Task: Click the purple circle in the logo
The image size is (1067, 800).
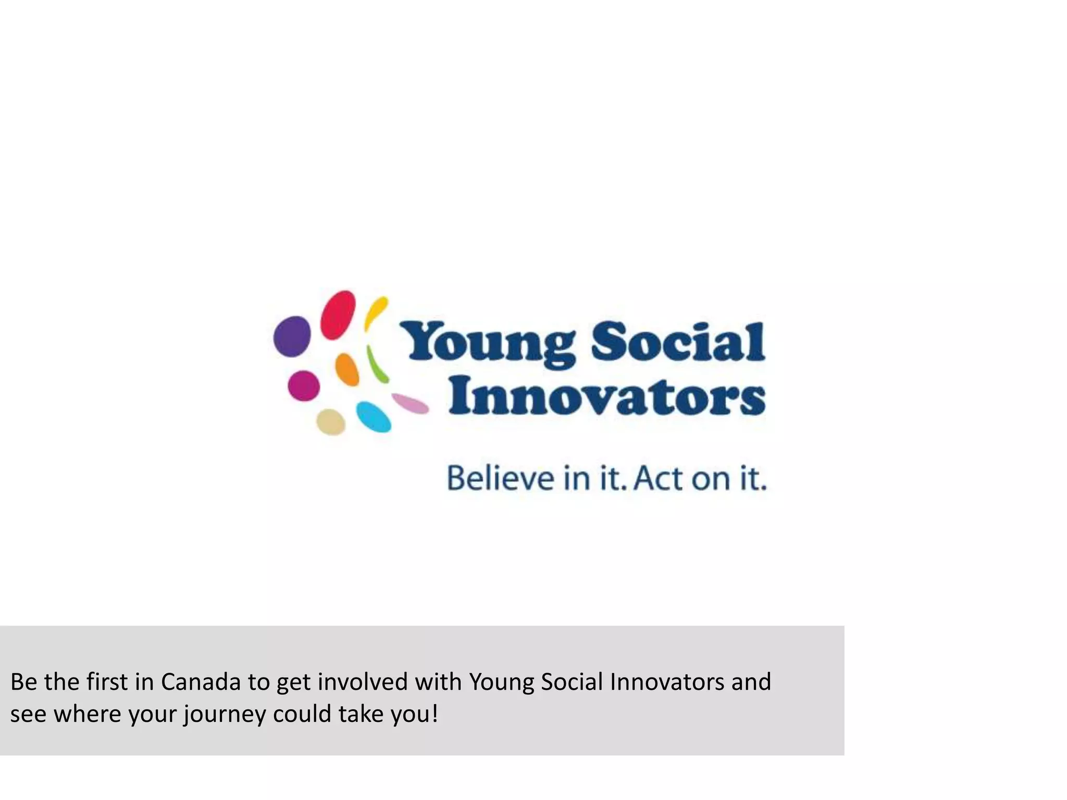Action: coord(292,336)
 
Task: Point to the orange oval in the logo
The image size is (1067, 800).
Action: coord(347,369)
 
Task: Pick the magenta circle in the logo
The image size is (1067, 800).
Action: coord(304,385)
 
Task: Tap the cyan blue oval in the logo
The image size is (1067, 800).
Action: coord(374,417)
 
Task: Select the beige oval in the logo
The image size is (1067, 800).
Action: coord(331,422)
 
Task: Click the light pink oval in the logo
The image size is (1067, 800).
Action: coord(410,403)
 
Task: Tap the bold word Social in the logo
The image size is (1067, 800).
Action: coord(678,341)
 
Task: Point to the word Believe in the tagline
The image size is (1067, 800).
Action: coord(501,478)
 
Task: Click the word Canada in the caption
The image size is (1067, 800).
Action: coord(201,682)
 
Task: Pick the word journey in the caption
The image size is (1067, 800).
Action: coord(225,714)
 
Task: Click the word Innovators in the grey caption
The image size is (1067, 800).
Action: coord(666,682)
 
